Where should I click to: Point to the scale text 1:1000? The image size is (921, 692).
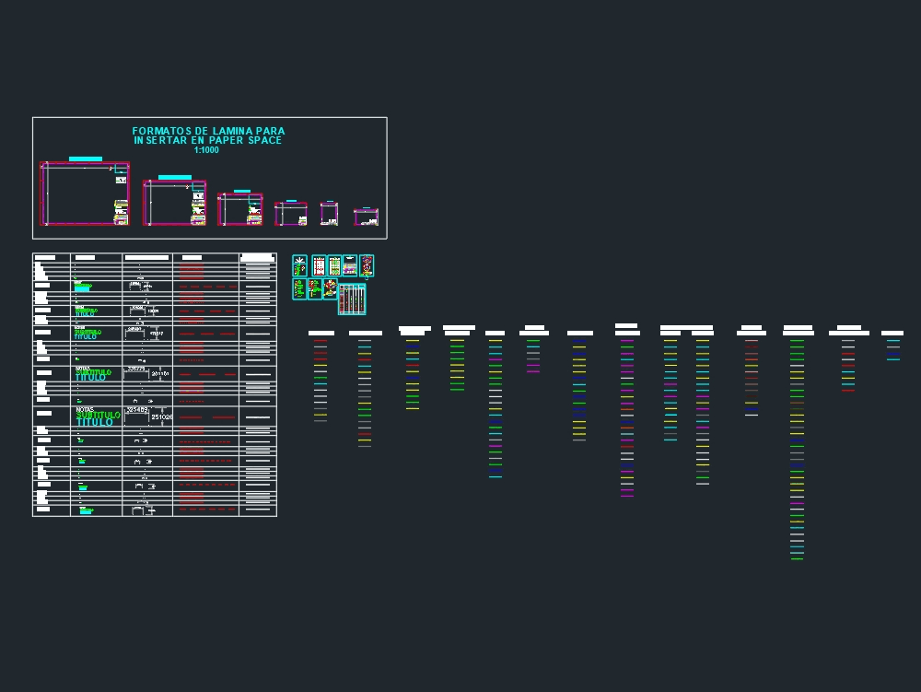click(x=206, y=150)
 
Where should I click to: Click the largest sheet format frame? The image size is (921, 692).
click(x=85, y=194)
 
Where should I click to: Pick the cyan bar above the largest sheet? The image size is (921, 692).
click(x=86, y=159)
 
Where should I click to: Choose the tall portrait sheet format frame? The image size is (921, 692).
click(x=329, y=214)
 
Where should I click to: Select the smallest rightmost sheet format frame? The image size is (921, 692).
click(x=366, y=217)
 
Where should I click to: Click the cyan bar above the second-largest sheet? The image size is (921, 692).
click(x=174, y=177)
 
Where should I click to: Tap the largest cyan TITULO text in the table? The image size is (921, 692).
click(x=95, y=422)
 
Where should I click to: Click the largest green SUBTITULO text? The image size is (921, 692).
click(x=99, y=415)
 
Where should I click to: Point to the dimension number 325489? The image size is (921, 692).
click(x=137, y=409)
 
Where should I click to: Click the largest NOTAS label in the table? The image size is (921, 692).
click(x=85, y=409)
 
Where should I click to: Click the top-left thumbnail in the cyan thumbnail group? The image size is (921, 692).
click(x=299, y=265)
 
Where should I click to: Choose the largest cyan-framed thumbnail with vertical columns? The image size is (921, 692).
click(x=352, y=299)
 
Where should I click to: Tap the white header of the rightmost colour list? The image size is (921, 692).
click(x=892, y=333)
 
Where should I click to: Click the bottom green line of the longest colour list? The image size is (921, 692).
click(x=797, y=558)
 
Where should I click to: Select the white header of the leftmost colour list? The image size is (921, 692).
click(x=321, y=333)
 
